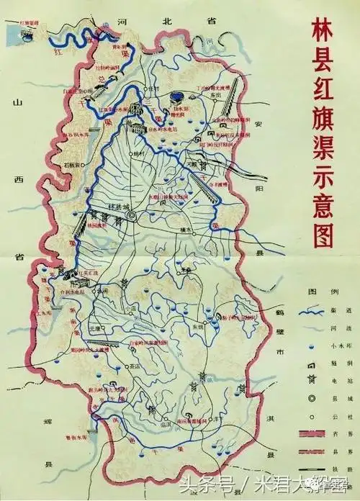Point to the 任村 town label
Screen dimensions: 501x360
tap(153, 87)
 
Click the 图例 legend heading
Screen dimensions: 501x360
tap(315, 290)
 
